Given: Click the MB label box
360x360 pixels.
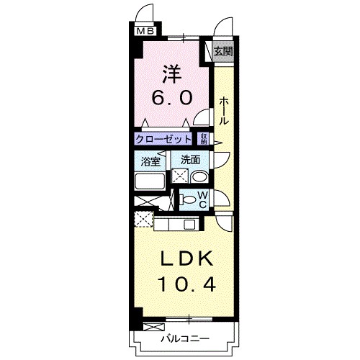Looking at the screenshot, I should coord(145,31).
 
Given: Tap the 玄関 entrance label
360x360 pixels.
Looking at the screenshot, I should coord(223,51).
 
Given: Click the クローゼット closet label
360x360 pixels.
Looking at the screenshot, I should coord(163,139).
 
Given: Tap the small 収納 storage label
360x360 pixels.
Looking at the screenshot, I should coord(204,139).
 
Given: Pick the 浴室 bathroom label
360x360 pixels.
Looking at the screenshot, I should coord(150,161).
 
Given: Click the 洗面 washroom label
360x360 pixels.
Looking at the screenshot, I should coord(189,161).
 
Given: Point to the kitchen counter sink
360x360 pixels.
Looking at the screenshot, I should coord(189,224).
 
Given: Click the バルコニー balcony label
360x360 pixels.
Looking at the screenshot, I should coord(184,338).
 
